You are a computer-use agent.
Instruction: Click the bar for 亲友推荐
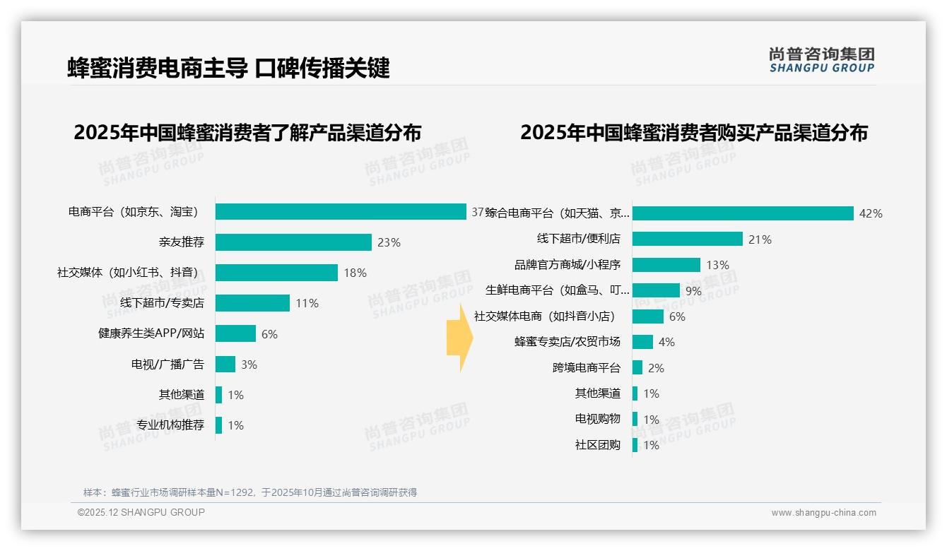tap(293, 242)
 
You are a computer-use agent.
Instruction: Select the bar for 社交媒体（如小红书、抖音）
tap(276, 273)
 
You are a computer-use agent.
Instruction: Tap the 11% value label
tap(307, 303)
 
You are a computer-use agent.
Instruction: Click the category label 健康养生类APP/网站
tap(151, 333)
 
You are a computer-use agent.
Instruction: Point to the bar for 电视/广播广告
tap(225, 365)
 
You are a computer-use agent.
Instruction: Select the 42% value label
tap(871, 213)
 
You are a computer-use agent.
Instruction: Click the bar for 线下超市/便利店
tap(687, 239)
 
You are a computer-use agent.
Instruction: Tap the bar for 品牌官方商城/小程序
tap(666, 265)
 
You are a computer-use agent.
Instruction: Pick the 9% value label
tap(693, 290)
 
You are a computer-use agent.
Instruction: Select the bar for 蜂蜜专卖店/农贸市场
tap(642, 342)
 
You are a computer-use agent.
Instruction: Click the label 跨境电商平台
tap(587, 367)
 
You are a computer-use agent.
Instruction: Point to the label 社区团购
tap(598, 444)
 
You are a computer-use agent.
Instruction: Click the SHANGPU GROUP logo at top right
tap(821, 60)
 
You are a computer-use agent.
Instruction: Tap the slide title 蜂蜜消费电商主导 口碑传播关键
tap(228, 69)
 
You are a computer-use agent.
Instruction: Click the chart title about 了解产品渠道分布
tap(247, 133)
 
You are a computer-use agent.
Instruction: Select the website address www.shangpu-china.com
tap(823, 513)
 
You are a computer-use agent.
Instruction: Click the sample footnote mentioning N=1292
tap(250, 492)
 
